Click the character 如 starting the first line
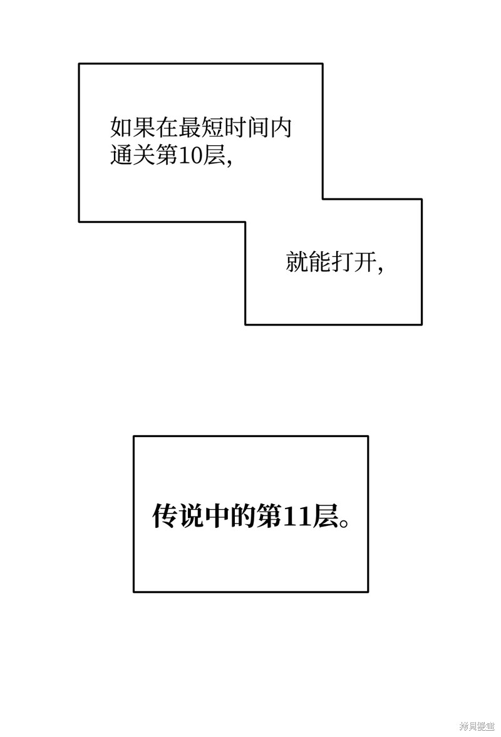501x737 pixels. point(121,127)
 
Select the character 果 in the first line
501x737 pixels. point(144,127)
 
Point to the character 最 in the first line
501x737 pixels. point(189,127)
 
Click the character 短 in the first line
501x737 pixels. point(212,127)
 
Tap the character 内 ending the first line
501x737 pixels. point(281,127)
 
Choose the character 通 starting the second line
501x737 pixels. point(121,155)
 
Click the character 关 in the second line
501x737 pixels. point(144,155)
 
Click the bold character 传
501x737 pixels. point(165,517)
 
